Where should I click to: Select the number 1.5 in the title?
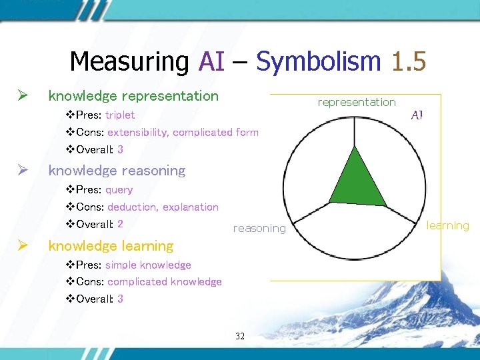pyautogui.click(x=408, y=61)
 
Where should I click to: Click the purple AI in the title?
pyautogui.click(x=211, y=61)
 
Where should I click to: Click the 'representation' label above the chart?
pyautogui.click(x=357, y=102)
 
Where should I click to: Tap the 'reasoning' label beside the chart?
pyautogui.click(x=259, y=229)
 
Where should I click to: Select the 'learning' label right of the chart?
pyautogui.click(x=448, y=225)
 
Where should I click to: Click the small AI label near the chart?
pyautogui.click(x=417, y=115)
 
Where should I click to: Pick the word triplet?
pyautogui.click(x=120, y=115)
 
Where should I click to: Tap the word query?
pyautogui.click(x=119, y=190)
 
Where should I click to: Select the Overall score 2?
pyautogui.click(x=120, y=224)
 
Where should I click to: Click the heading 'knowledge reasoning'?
pyautogui.click(x=117, y=171)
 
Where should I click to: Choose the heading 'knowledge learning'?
pyautogui.click(x=111, y=246)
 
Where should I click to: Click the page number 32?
pyautogui.click(x=240, y=336)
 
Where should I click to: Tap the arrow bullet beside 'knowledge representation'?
pyautogui.click(x=22, y=96)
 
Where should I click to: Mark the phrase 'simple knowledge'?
pyautogui.click(x=148, y=265)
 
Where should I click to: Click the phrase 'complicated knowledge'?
pyautogui.click(x=164, y=282)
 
